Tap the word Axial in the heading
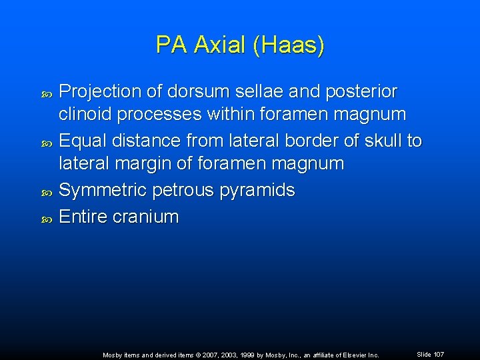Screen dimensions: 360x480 pos(220,45)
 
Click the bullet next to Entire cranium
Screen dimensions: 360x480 pos(46,217)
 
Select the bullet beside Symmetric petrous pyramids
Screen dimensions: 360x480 pos(46,191)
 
